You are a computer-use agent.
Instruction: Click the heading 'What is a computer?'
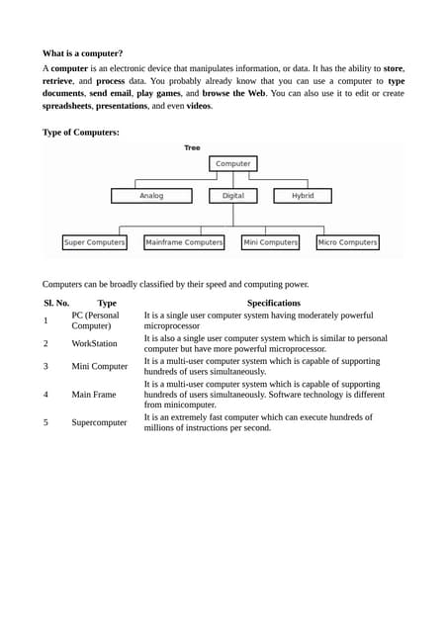click(82, 53)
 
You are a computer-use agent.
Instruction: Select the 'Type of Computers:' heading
click(80, 132)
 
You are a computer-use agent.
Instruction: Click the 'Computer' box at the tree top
click(233, 163)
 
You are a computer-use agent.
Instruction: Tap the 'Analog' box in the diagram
click(151, 196)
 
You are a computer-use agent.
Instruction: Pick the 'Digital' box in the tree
click(233, 196)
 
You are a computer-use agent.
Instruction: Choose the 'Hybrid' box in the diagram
click(303, 196)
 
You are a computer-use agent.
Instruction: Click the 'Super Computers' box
click(94, 242)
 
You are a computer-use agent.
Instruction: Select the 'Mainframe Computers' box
click(184, 242)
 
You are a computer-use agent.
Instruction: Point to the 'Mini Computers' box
click(270, 242)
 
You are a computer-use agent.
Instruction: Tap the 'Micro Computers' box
click(347, 242)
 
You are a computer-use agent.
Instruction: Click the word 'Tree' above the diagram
click(192, 148)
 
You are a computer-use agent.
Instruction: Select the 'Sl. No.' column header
click(56, 303)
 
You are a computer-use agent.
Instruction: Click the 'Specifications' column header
click(274, 303)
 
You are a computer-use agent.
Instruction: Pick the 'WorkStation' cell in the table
click(94, 343)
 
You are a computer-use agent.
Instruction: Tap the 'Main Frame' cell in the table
click(93, 394)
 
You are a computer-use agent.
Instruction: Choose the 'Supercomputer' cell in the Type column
click(99, 422)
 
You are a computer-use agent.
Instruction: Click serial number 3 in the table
click(45, 366)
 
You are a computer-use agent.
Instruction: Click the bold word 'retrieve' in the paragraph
click(63, 80)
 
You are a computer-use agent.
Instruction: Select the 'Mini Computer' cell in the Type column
click(99, 366)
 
